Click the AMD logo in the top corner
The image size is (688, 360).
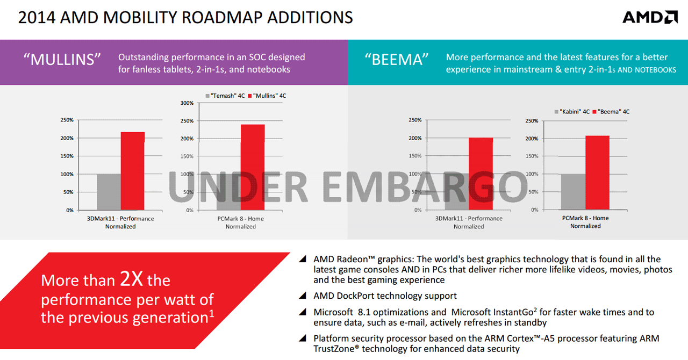click(650, 17)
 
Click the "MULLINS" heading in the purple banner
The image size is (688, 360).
click(62, 59)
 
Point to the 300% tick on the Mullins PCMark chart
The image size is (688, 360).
click(187, 103)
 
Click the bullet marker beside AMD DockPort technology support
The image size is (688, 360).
click(305, 296)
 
